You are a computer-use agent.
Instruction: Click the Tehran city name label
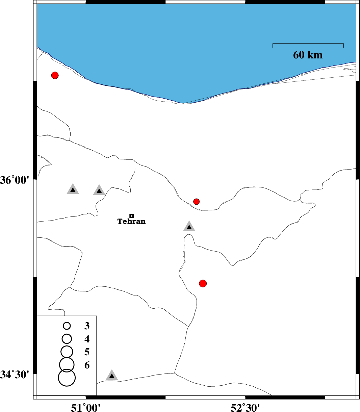tap(131, 221)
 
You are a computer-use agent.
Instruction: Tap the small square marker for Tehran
tap(131, 216)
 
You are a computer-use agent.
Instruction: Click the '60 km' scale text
tap(308, 55)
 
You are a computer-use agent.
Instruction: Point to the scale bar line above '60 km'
tap(308, 44)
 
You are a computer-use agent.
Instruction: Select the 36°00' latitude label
tap(15, 180)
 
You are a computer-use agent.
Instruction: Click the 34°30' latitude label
tap(15, 375)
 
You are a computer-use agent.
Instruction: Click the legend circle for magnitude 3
tap(67, 326)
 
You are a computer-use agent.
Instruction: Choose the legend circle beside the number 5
tap(67, 352)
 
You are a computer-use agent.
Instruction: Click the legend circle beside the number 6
tap(67, 365)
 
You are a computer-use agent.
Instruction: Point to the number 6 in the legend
tap(87, 365)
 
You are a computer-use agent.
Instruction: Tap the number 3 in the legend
tap(87, 326)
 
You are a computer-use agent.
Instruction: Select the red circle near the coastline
tap(55, 75)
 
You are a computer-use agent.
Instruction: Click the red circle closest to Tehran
tap(196, 201)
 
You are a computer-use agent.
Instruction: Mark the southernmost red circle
tap(203, 284)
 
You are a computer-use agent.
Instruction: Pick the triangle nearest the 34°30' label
tap(112, 376)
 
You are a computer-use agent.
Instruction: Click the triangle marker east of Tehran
tap(189, 227)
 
